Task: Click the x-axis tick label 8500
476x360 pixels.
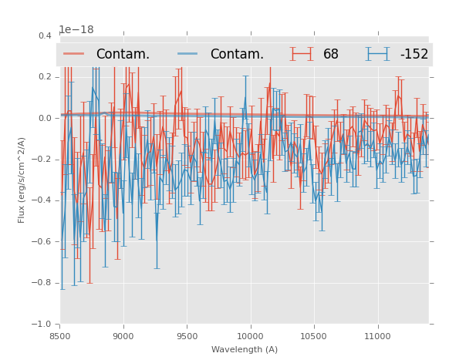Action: (60, 335)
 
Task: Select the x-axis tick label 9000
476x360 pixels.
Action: (123, 335)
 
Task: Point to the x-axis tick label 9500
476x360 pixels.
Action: (187, 335)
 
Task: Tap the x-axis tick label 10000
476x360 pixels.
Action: (251, 335)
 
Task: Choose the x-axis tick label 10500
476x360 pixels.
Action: (314, 335)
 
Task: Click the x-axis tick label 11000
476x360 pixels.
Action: (377, 335)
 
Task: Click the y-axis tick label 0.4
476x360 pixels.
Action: (45, 35)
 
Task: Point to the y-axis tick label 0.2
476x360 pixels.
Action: (45, 77)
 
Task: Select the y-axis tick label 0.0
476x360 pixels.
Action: (45, 118)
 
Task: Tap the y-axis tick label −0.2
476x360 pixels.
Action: (43, 160)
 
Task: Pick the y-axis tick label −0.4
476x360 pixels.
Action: (43, 200)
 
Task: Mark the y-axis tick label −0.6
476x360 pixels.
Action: (43, 242)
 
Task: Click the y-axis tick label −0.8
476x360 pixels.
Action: (43, 283)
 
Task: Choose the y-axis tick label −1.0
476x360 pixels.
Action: (43, 325)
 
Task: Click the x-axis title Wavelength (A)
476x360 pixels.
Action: (245, 349)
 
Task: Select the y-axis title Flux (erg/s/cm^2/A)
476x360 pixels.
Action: (22, 180)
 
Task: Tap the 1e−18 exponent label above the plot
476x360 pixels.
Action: (76, 29)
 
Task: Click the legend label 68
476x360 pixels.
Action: (331, 55)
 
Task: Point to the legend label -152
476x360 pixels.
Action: (414, 55)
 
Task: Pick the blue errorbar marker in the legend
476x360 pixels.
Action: (377, 54)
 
